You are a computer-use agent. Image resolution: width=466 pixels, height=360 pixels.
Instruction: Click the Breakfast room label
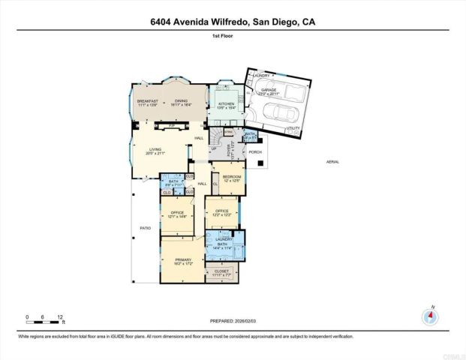pyautogui.click(x=146, y=102)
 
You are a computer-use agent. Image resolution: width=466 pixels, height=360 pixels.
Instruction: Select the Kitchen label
pyautogui.click(x=226, y=105)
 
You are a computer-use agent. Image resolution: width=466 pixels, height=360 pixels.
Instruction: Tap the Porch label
pyautogui.click(x=255, y=151)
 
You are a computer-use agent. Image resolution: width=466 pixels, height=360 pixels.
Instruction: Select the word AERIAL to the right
pyautogui.click(x=333, y=161)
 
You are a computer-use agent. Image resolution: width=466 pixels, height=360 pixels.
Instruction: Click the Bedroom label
pyautogui.click(x=230, y=178)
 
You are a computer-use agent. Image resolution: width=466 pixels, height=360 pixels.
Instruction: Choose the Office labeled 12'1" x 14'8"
pyautogui.click(x=177, y=214)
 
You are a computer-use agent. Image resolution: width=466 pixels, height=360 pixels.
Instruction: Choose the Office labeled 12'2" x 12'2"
pyautogui.click(x=221, y=212)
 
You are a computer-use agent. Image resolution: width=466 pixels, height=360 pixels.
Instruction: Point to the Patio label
pyautogui.click(x=146, y=227)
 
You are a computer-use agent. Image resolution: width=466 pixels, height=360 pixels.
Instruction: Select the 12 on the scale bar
pyautogui.click(x=60, y=317)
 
